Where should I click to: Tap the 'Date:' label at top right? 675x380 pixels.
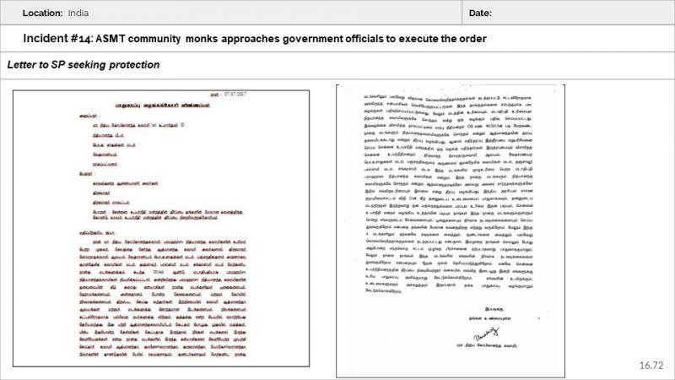[479, 14]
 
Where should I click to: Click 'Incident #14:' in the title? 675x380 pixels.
[58, 40]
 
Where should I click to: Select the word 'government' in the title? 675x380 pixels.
[310, 40]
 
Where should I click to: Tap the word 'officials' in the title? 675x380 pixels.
[368, 40]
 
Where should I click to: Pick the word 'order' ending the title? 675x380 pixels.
[473, 40]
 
